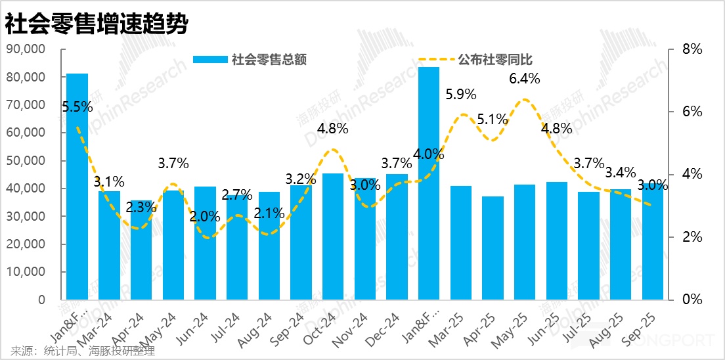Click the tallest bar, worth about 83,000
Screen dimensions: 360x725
(x=429, y=184)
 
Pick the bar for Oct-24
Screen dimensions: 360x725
(x=333, y=236)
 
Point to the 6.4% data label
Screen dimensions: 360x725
(x=525, y=79)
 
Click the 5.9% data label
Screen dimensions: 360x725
(x=461, y=94)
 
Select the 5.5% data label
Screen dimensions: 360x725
(x=77, y=106)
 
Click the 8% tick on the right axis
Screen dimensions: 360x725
(x=692, y=49)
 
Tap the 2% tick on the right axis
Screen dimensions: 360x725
(x=692, y=237)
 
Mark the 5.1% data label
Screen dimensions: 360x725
(x=493, y=120)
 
